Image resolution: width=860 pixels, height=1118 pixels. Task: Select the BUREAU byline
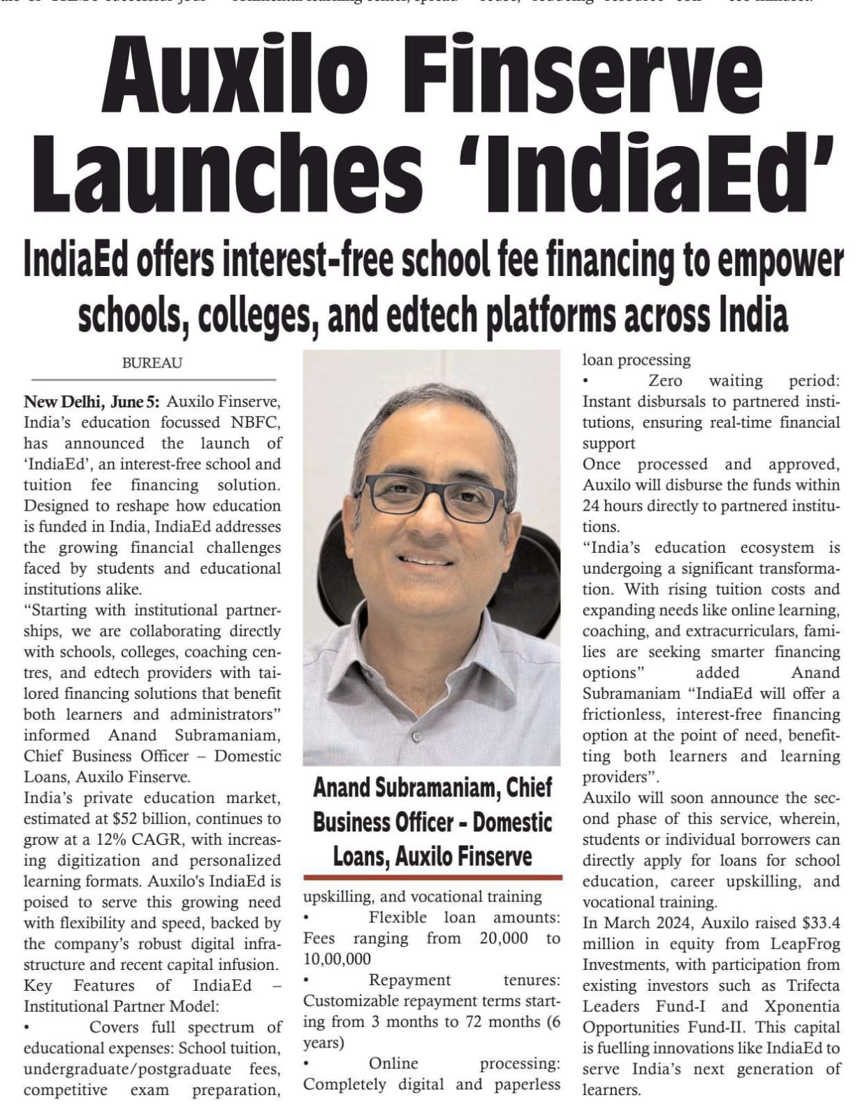click(152, 363)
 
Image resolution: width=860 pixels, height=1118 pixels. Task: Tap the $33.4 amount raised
click(820, 922)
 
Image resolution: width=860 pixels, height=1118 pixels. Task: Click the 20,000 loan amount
click(504, 938)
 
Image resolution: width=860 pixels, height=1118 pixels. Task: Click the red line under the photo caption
click(432, 877)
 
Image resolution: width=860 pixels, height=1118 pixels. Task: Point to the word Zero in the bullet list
click(665, 381)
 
